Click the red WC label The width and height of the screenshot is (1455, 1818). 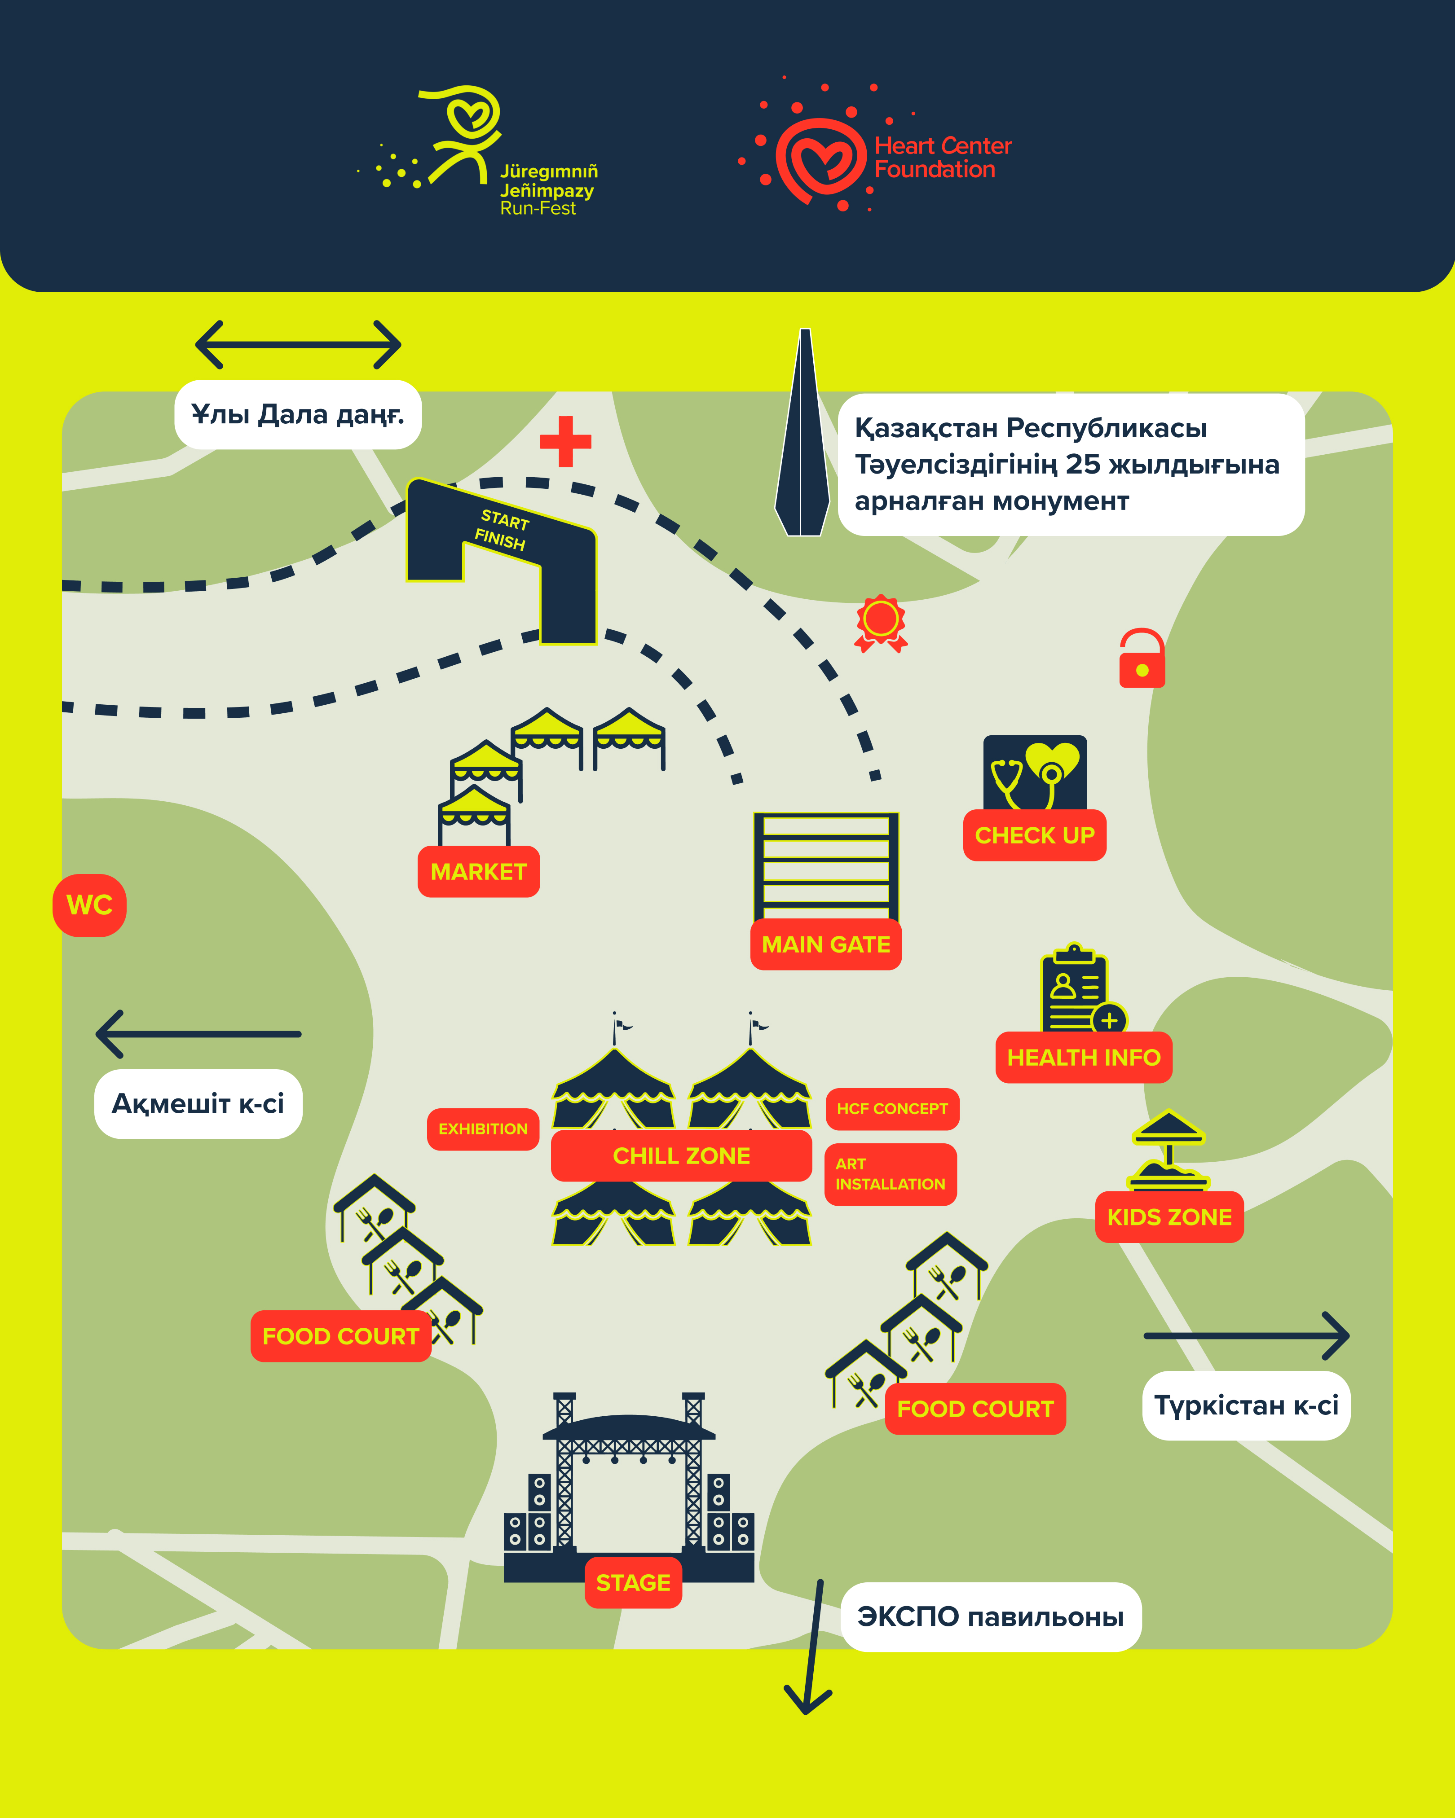click(x=89, y=905)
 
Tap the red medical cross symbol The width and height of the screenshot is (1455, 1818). click(x=565, y=441)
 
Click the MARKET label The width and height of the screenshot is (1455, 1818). click(x=478, y=871)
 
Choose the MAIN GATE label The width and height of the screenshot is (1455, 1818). click(x=826, y=944)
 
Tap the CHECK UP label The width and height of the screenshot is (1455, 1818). click(x=1034, y=835)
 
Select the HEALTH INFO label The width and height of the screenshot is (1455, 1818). click(x=1084, y=1058)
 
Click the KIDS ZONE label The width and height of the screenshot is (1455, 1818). click(x=1169, y=1217)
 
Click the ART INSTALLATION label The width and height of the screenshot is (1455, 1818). click(x=891, y=1174)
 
